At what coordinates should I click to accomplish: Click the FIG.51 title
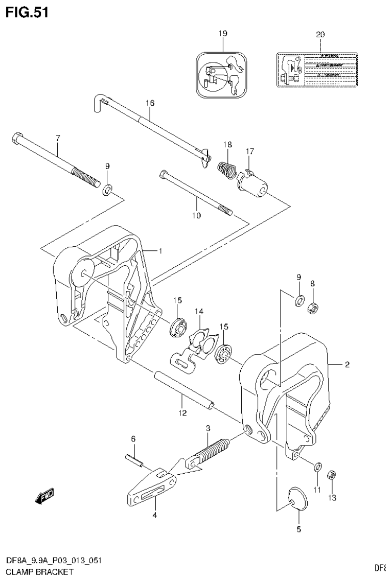click(x=26, y=12)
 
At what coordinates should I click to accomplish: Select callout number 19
click(x=222, y=34)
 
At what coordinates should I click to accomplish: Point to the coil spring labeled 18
click(x=226, y=168)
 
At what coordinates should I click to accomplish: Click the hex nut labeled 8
click(x=311, y=307)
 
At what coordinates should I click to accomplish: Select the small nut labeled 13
click(x=331, y=474)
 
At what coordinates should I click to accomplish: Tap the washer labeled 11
click(x=317, y=466)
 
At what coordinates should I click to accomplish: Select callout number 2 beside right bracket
click(x=347, y=364)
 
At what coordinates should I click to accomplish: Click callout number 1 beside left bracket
click(x=160, y=250)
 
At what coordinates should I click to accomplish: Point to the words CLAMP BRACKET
click(x=36, y=572)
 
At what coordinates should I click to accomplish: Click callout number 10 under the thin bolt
click(x=196, y=216)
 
